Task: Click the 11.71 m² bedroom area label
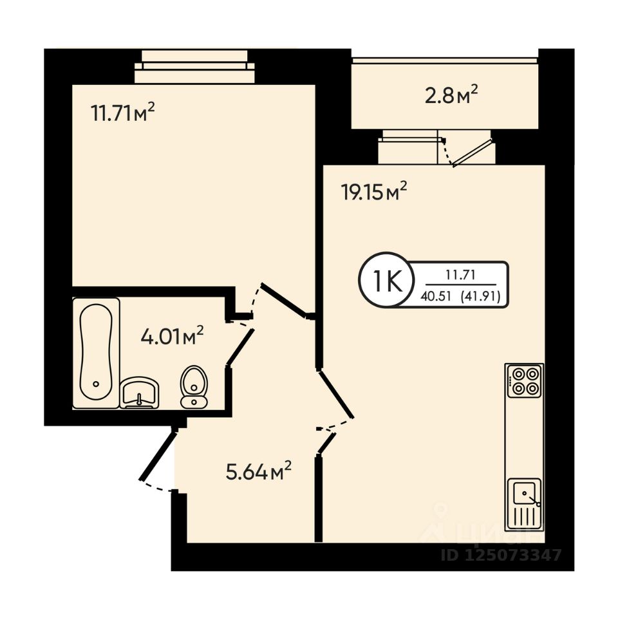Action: click(123, 113)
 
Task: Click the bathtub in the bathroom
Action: click(96, 353)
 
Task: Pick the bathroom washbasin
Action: click(138, 392)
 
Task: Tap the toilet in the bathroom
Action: click(193, 387)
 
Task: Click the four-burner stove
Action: click(524, 380)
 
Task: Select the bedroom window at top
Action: click(194, 67)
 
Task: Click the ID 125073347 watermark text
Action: click(501, 554)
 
